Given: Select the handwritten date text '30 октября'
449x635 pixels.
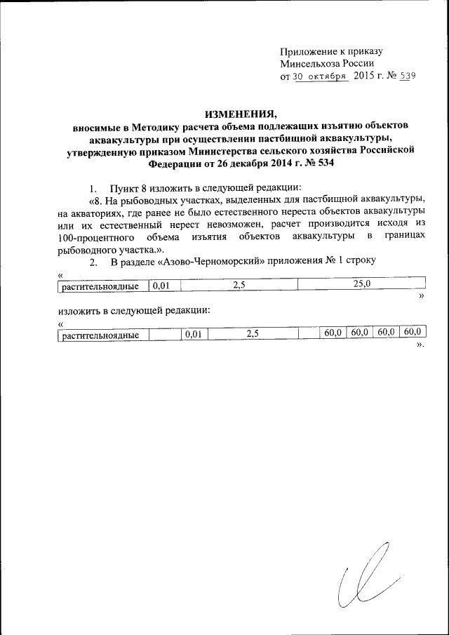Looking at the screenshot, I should pos(321,76).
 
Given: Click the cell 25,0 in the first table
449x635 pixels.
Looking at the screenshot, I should pos(362,283).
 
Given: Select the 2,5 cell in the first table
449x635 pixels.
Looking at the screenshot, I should pos(238,284).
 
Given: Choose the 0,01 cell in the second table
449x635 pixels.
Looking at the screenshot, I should pos(193,335).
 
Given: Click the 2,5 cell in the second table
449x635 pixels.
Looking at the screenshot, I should pos(253,335).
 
